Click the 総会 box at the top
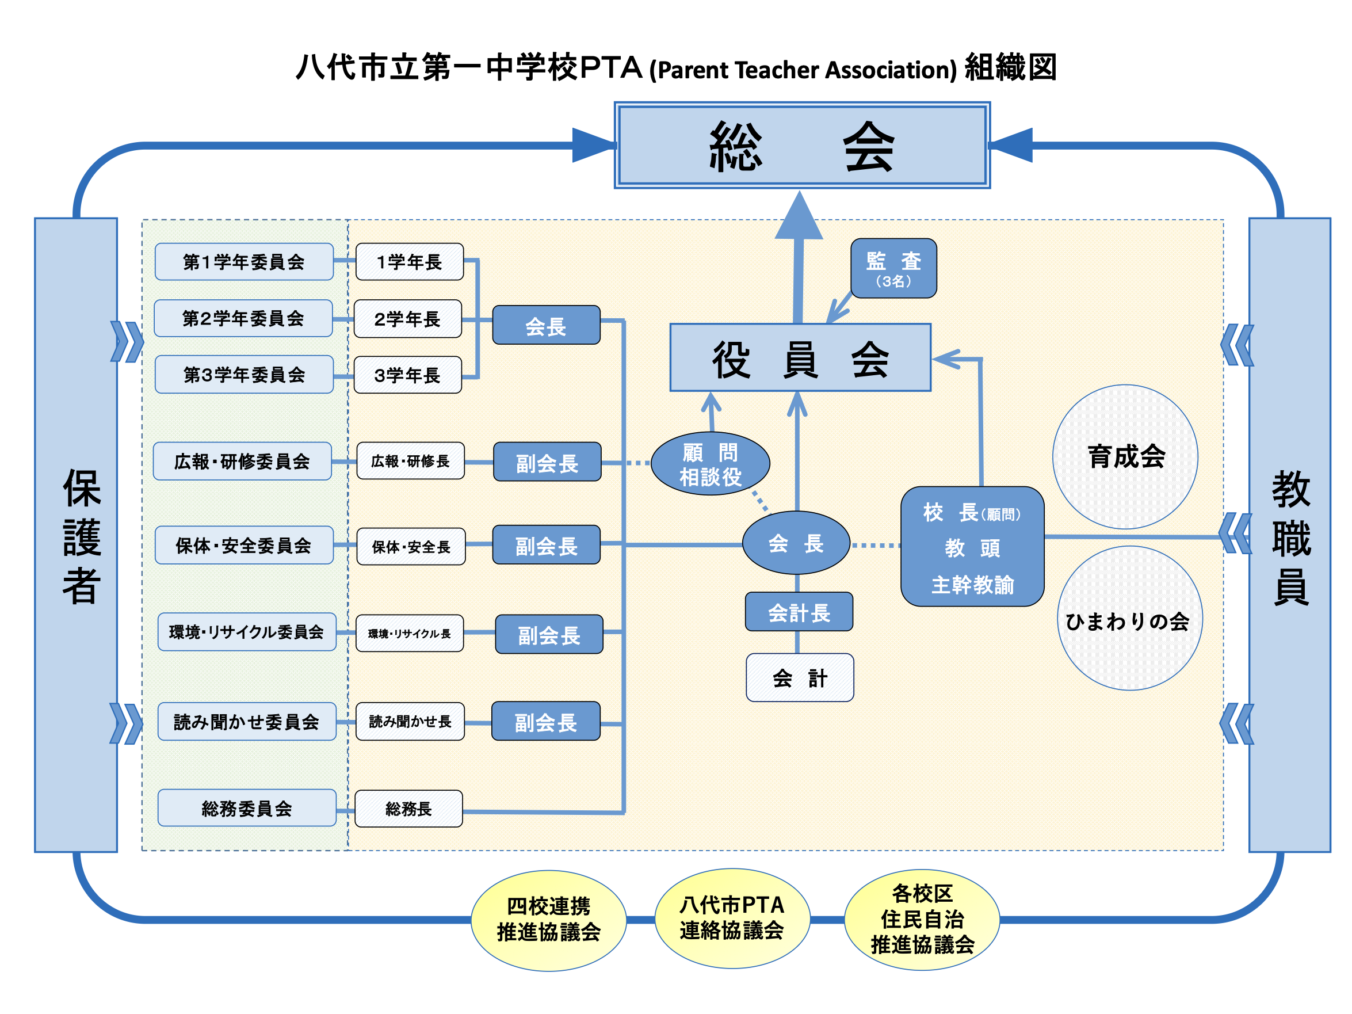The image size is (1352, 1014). (801, 145)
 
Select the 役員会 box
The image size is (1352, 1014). (800, 357)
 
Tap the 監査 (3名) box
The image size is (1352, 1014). (893, 268)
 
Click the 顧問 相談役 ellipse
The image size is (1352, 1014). (709, 464)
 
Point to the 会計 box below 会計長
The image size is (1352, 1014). (800, 677)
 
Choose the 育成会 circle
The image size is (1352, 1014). (1125, 456)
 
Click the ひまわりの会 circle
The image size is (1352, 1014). (1129, 619)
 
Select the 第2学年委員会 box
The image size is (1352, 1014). (243, 318)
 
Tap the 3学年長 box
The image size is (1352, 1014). (407, 375)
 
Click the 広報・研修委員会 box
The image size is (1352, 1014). (242, 462)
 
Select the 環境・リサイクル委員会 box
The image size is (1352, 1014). (246, 632)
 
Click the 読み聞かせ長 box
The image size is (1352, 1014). (410, 722)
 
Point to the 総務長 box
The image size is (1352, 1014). (408, 809)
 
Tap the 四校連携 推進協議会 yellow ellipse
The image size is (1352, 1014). (548, 920)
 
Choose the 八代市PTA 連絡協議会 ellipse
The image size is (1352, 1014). (732, 918)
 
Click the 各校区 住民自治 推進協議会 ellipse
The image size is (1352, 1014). (922, 919)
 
